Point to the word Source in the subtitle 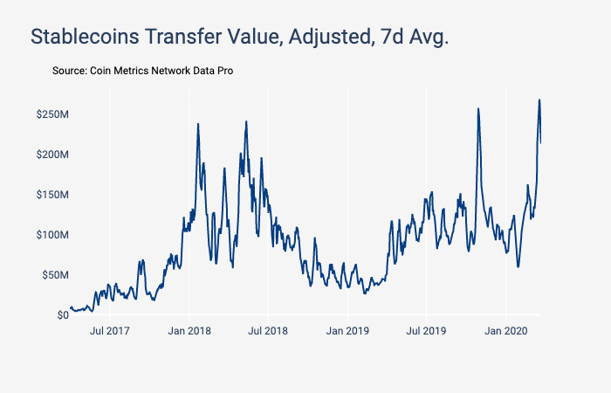69,70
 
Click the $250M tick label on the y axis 52,114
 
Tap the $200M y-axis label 52,155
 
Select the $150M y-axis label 52,195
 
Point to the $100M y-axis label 52,235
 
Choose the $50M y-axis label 55,275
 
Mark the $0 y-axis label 62,315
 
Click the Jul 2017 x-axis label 109,332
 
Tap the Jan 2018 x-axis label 189,332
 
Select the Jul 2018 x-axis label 268,332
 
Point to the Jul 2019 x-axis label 427,332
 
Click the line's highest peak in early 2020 539,100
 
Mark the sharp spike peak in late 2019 478,108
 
